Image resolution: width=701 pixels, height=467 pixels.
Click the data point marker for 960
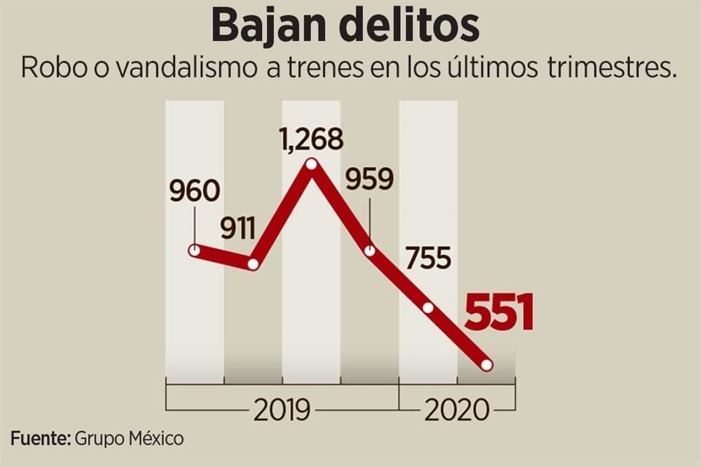pyautogui.click(x=194, y=250)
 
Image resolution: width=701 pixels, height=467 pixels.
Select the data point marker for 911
pyautogui.click(x=253, y=264)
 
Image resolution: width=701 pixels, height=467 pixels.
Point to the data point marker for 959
pyautogui.click(x=370, y=250)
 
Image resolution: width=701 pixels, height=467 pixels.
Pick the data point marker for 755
pyautogui.click(x=429, y=307)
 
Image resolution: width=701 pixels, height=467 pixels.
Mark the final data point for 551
pyautogui.click(x=487, y=365)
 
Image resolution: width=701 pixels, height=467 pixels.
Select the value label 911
pyautogui.click(x=239, y=229)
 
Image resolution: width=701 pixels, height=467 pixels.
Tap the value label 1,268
pyautogui.click(x=312, y=139)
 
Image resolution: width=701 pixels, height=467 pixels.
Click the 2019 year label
pyautogui.click(x=282, y=411)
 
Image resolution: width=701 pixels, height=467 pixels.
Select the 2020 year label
pyautogui.click(x=456, y=411)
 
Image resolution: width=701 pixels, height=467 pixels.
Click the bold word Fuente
pyautogui.click(x=40, y=439)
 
